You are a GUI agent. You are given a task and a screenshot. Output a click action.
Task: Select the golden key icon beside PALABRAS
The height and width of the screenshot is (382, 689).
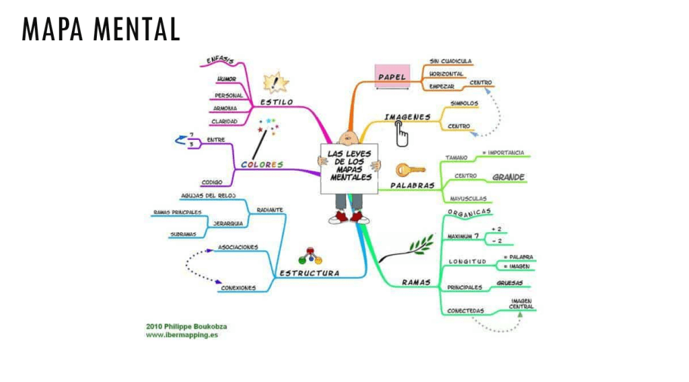(x=408, y=169)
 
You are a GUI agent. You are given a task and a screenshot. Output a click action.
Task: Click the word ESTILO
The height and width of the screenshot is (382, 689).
(x=277, y=102)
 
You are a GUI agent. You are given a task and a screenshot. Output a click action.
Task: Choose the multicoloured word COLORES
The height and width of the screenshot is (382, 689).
(x=262, y=164)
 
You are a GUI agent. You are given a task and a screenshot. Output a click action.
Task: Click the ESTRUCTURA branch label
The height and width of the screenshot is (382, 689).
(x=309, y=273)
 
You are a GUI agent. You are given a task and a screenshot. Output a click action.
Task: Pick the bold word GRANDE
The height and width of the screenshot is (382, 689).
(x=508, y=178)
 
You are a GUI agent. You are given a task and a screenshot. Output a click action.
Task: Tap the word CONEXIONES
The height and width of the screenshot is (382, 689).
(x=238, y=288)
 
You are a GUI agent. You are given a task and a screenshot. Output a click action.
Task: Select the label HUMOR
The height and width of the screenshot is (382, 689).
(x=225, y=79)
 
